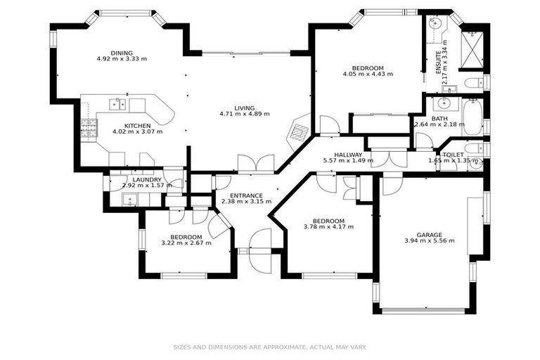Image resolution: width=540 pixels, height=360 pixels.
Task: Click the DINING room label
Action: (x=121, y=53)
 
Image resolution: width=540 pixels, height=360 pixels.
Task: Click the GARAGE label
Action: (x=429, y=235)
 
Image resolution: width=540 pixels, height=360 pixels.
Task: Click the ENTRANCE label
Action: (x=246, y=195)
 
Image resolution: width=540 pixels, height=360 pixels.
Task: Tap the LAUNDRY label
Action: (x=148, y=180)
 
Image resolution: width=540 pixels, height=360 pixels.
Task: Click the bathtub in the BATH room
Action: (x=472, y=117)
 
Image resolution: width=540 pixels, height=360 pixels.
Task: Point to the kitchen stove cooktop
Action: (x=89, y=129)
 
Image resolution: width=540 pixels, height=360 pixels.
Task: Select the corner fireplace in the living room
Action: (x=300, y=131)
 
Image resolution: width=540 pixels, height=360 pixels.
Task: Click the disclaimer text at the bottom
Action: (x=270, y=347)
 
